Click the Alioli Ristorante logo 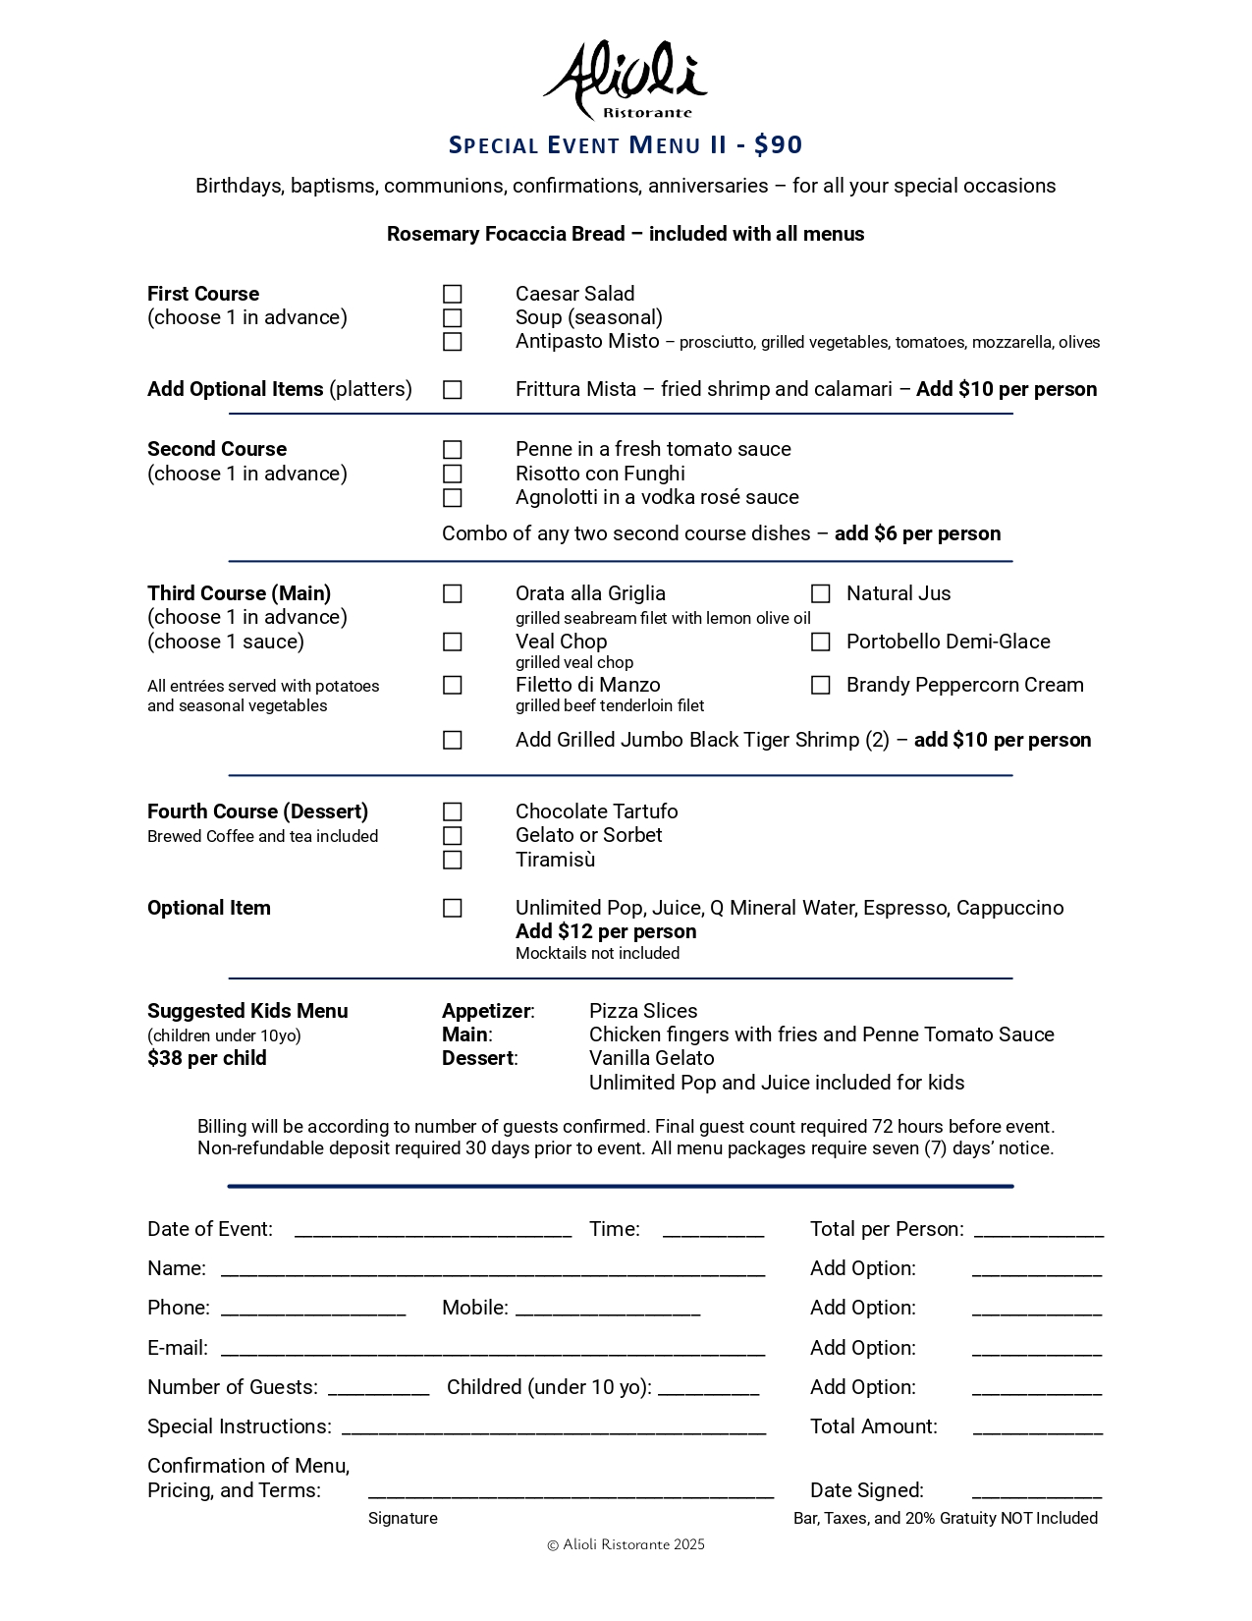(626, 81)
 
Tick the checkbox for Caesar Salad (452, 294)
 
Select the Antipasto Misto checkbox (452, 342)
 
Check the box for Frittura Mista (452, 390)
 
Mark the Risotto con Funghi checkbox (452, 474)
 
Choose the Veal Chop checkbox (452, 642)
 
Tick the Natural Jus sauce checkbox (820, 593)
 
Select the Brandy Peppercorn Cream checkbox (820, 685)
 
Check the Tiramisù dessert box (452, 860)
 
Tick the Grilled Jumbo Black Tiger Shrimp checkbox (452, 740)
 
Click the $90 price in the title (779, 145)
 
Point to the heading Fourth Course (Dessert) (257, 811)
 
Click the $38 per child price (207, 1058)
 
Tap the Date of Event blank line (433, 1230)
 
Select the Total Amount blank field (1037, 1427)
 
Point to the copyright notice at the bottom (626, 1544)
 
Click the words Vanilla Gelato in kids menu (652, 1058)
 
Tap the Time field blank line (713, 1230)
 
